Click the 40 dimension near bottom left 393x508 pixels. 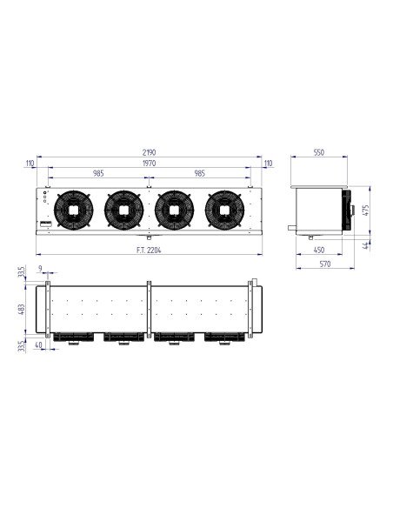[40, 345]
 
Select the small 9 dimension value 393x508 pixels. [41, 268]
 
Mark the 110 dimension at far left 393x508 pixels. [30, 163]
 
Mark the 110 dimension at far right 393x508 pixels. [268, 163]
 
